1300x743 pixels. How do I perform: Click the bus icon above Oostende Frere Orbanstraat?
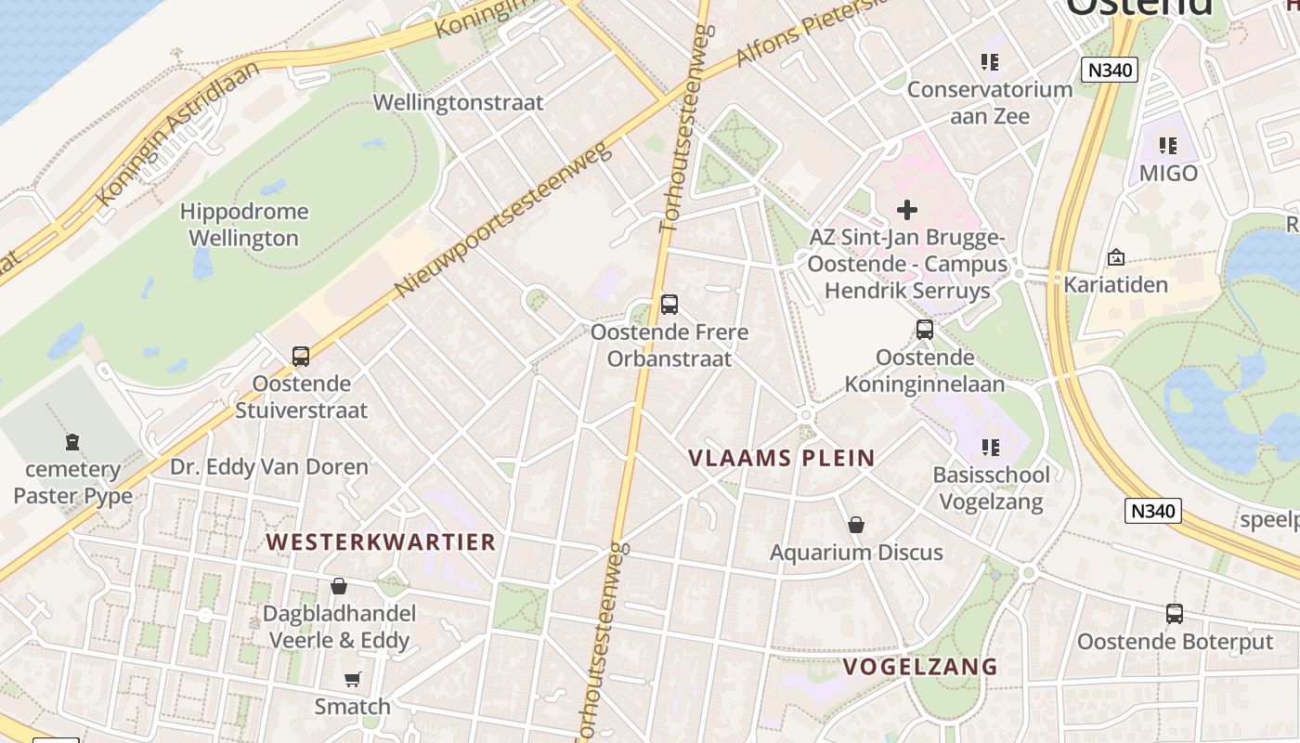[669, 304]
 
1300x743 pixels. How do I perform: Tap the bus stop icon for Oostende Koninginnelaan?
[924, 329]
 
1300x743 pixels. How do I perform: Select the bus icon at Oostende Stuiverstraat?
[300, 356]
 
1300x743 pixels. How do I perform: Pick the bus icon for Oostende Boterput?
[1175, 613]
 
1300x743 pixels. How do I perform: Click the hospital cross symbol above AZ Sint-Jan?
[907, 210]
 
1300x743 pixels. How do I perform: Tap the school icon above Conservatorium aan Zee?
[990, 62]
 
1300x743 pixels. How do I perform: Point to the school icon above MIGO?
[1168, 146]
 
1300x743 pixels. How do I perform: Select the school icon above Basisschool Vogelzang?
[991, 448]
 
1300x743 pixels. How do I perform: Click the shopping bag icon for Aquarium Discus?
[856, 525]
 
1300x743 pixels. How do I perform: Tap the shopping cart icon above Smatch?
[352, 679]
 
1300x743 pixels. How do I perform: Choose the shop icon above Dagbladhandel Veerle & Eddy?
[339, 586]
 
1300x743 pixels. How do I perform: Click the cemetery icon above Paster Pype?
[72, 441]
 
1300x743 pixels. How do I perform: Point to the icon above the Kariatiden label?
[1115, 257]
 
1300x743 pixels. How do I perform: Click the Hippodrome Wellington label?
[244, 225]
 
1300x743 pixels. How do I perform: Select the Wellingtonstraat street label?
[458, 102]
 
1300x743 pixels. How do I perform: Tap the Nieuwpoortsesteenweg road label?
[502, 220]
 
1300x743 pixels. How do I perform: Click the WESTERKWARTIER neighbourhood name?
[381, 542]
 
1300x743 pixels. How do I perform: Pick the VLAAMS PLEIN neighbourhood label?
[782, 458]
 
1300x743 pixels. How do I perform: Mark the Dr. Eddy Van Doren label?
[269, 466]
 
